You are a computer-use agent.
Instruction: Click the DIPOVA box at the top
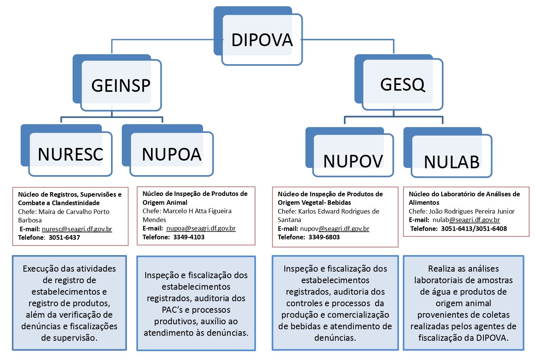point(258,36)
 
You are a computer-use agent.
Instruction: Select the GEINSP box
point(117,83)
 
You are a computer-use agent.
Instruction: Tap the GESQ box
point(399,82)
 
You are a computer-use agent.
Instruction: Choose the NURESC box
point(66,150)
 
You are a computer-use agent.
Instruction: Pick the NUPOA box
point(168,150)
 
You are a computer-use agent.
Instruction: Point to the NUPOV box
point(350,152)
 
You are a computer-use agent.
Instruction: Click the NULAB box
point(448,153)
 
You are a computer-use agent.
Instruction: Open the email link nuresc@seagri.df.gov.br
point(77,229)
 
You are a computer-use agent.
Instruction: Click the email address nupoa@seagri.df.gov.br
point(201,228)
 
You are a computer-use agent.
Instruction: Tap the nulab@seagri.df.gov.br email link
point(466,220)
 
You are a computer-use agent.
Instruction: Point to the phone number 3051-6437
point(65,237)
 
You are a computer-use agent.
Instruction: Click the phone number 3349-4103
point(189,237)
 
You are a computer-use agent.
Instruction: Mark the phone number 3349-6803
point(324,237)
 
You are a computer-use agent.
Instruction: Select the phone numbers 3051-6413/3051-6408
point(474,229)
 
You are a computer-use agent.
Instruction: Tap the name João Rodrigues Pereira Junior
point(471,211)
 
